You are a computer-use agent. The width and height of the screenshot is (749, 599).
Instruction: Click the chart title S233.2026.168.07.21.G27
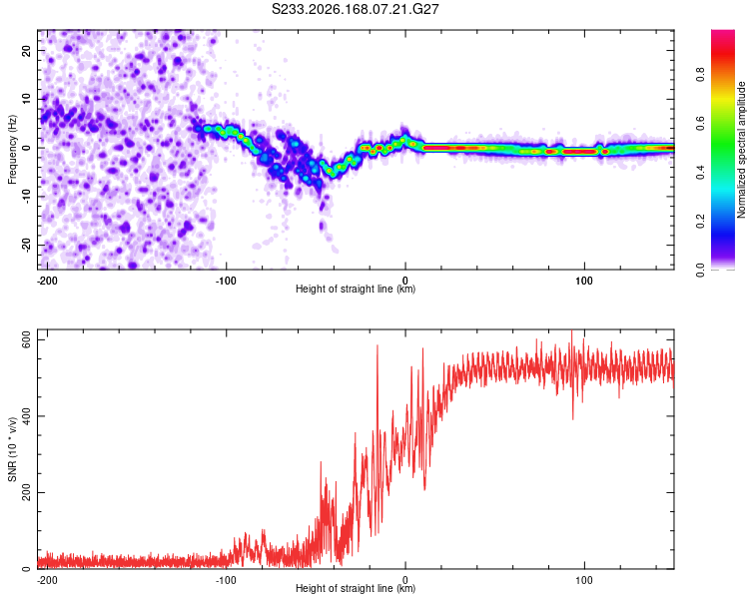click(355, 9)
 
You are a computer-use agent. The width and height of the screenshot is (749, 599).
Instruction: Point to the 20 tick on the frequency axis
click(27, 51)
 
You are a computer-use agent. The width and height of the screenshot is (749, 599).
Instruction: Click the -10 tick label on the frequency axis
click(27, 196)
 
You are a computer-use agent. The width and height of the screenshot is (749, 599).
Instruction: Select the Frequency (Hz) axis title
click(12, 149)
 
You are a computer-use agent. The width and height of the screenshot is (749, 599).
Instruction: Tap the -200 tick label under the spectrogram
click(46, 281)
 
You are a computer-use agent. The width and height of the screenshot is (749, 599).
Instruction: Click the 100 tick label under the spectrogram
click(584, 281)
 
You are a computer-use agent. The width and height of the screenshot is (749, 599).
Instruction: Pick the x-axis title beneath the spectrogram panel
click(356, 289)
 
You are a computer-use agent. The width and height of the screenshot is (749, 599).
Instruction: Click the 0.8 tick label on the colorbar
click(700, 75)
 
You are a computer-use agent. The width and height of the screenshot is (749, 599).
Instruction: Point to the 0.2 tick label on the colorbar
click(700, 222)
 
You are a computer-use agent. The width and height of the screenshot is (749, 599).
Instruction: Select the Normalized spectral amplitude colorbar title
click(741, 150)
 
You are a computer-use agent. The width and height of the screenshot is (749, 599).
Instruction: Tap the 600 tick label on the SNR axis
click(27, 340)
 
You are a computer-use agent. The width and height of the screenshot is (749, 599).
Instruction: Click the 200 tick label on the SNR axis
click(27, 492)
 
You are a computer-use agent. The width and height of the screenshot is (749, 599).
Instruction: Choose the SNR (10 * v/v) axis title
click(12, 449)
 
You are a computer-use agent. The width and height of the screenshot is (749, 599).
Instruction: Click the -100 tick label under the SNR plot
click(226, 580)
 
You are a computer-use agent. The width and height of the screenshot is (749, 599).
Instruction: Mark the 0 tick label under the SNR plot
click(405, 580)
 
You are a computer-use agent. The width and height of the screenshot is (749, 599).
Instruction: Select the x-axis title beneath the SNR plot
click(356, 588)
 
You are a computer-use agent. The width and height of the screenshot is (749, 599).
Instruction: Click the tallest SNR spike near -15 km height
click(377, 345)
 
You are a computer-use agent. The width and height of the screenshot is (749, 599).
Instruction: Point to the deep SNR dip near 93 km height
click(573, 418)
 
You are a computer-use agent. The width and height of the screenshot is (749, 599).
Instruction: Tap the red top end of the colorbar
click(723, 33)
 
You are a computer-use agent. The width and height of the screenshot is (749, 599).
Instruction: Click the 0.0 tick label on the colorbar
click(700, 270)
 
